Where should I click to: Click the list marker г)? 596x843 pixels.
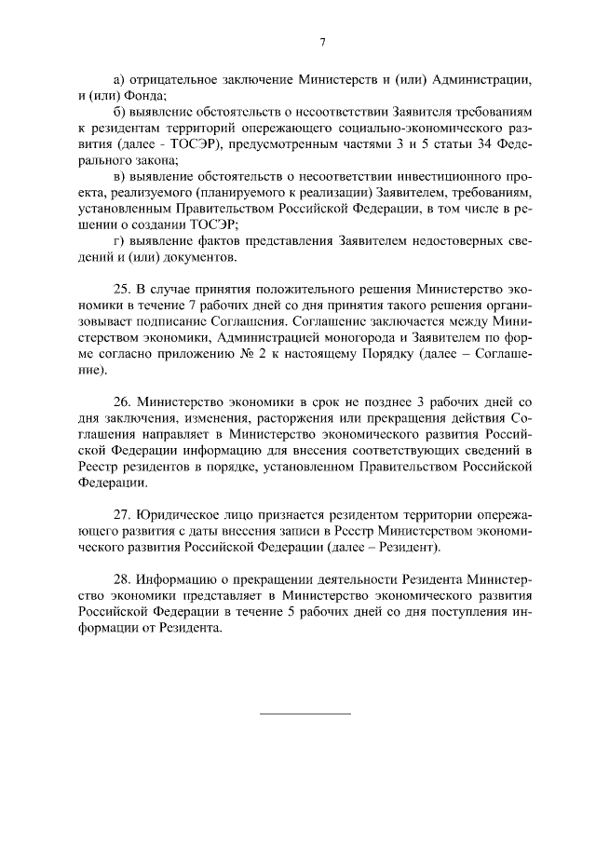point(117,241)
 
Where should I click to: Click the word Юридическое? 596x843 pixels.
point(179,515)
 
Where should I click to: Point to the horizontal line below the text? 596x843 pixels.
point(304,714)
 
